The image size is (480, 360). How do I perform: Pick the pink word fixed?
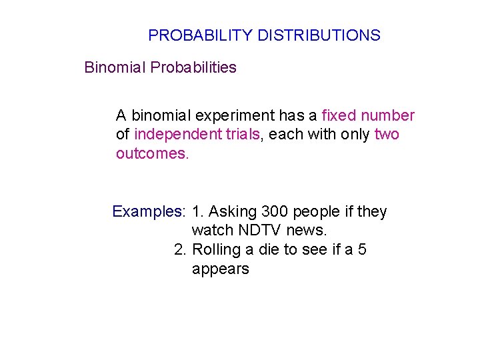coord(338,116)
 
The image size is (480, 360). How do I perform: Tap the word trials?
coord(242,135)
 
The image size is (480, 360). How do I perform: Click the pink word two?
coord(387,135)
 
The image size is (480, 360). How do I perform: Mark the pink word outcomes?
coord(152,154)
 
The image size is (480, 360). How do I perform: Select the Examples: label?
coord(149,212)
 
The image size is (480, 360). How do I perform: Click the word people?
coord(316,212)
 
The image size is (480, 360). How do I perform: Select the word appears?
coord(220,269)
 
